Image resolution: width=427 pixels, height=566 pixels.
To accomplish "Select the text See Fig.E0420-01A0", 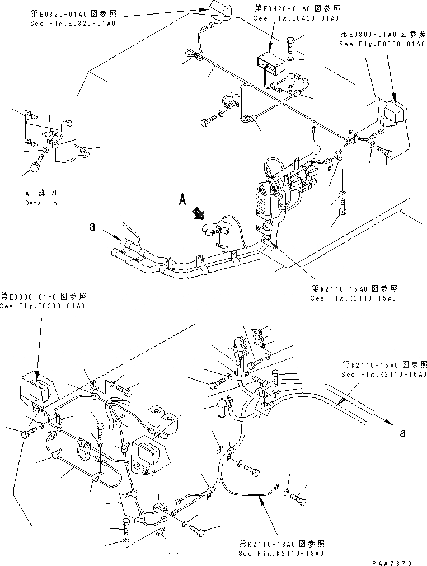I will pos(296,18).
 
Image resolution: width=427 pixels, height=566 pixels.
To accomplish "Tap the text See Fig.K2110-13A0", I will pos(280,553).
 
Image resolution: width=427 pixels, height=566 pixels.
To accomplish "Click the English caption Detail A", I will pos(41,203).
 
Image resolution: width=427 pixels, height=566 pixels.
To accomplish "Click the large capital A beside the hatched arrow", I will pos(182,200).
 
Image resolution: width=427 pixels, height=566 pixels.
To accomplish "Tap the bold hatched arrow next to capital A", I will pos(198,213).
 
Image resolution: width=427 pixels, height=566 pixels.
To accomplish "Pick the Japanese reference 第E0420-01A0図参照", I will pos(297,9).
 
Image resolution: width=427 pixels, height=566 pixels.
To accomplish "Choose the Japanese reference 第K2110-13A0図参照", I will pos(280,544).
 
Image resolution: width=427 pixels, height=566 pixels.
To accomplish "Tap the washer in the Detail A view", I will pos(45,150).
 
